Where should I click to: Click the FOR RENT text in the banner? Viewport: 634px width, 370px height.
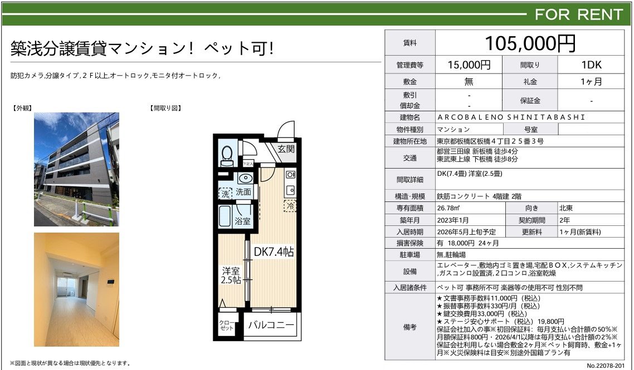coord(579,14)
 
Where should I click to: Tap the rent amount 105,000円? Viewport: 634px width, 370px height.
coord(530,43)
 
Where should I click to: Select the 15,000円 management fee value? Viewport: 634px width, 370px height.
coord(469,65)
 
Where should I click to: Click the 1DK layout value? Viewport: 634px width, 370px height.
coord(592,65)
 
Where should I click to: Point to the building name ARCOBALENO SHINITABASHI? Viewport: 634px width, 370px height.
coord(511,117)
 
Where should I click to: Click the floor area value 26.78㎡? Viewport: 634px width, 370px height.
coord(448,208)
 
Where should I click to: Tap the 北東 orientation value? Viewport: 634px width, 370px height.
coord(566,208)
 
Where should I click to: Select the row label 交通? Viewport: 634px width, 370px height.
coord(409,158)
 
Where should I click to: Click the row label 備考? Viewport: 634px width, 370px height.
coord(409,327)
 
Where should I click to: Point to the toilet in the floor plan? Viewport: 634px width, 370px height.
coord(227,156)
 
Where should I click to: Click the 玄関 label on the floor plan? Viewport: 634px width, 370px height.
coord(286,149)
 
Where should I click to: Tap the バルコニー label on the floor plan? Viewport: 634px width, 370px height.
coord(271,325)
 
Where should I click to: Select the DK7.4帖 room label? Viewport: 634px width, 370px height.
coord(274,251)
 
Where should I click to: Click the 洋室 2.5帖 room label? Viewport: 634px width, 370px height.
coord(231,275)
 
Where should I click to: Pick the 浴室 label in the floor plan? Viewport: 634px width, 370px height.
coord(242,221)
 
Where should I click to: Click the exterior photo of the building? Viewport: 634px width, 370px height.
coord(76,169)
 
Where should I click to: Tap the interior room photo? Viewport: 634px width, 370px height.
coord(76,290)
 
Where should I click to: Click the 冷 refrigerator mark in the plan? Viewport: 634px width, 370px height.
coord(290,206)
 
